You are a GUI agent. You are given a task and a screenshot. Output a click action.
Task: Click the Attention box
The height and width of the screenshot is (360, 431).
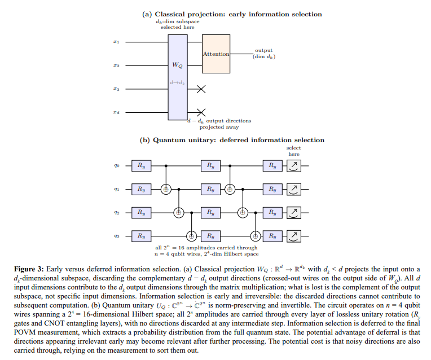pyautogui.click(x=216, y=54)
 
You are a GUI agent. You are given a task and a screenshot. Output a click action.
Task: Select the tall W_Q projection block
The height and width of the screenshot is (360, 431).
pyautogui.click(x=178, y=77)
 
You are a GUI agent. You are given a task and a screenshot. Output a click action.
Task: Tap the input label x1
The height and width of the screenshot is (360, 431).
pyautogui.click(x=116, y=42)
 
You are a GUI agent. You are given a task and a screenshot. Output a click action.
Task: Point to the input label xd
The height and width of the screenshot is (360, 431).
pyautogui.click(x=116, y=112)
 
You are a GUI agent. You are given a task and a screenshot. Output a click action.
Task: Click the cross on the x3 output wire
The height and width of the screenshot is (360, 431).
pyautogui.click(x=201, y=89)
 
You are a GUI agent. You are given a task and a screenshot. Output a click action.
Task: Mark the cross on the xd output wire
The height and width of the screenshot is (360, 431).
pyautogui.click(x=201, y=112)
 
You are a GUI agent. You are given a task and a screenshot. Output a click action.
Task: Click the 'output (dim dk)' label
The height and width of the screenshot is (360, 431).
pyautogui.click(x=264, y=54)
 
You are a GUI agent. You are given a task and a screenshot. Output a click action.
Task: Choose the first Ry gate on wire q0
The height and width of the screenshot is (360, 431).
pyautogui.click(x=141, y=166)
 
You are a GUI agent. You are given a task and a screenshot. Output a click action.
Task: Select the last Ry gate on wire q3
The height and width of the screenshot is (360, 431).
pyautogui.click(x=272, y=236)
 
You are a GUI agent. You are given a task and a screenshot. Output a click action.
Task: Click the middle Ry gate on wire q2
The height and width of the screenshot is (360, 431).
pyautogui.click(x=210, y=213)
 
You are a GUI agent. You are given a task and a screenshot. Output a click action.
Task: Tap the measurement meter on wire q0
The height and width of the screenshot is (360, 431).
pyautogui.click(x=294, y=166)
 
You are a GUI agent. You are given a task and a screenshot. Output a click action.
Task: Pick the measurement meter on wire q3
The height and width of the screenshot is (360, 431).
pyautogui.click(x=294, y=236)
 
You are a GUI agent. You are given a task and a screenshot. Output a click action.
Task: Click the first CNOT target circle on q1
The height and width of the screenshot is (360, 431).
pyautogui.click(x=166, y=189)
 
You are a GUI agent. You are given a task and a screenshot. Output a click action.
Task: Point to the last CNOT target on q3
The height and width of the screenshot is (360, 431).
pyautogui.click(x=256, y=236)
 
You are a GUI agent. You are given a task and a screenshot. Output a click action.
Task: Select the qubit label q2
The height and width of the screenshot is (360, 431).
pyautogui.click(x=117, y=213)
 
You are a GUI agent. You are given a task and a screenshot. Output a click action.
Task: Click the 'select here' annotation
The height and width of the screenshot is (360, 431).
pyautogui.click(x=293, y=151)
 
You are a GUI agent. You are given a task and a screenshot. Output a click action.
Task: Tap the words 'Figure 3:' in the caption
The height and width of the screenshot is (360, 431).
pyautogui.click(x=29, y=269)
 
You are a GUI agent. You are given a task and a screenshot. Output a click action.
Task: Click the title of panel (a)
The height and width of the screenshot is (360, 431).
pyautogui.click(x=232, y=14)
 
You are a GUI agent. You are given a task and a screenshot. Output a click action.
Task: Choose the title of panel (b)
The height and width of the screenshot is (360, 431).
pyautogui.click(x=232, y=140)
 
